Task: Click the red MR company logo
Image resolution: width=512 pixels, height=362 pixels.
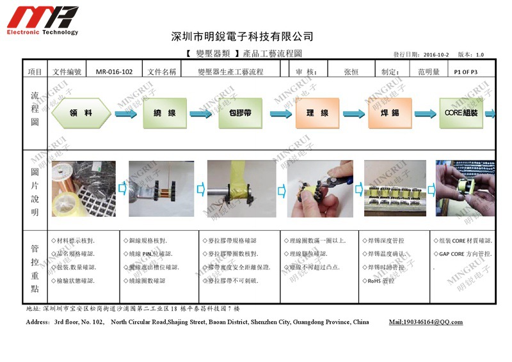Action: pyautogui.click(x=42, y=17)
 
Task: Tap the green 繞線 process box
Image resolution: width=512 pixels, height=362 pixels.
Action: pyautogui.click(x=164, y=113)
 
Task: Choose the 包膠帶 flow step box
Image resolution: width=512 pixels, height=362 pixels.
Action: pyautogui.click(x=240, y=113)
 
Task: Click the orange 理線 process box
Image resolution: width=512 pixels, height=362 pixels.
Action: pyautogui.click(x=316, y=113)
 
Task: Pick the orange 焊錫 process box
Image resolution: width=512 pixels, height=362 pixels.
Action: pyautogui.click(x=390, y=113)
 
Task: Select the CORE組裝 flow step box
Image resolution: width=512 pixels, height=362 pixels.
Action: pyautogui.click(x=461, y=113)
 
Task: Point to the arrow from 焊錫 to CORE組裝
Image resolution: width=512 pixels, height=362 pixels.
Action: pyautogui.click(x=425, y=114)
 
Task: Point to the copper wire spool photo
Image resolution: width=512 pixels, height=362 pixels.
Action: pyautogui.click(x=83, y=189)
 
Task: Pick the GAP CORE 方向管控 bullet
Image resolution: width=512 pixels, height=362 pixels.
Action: pyautogui.click(x=465, y=254)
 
